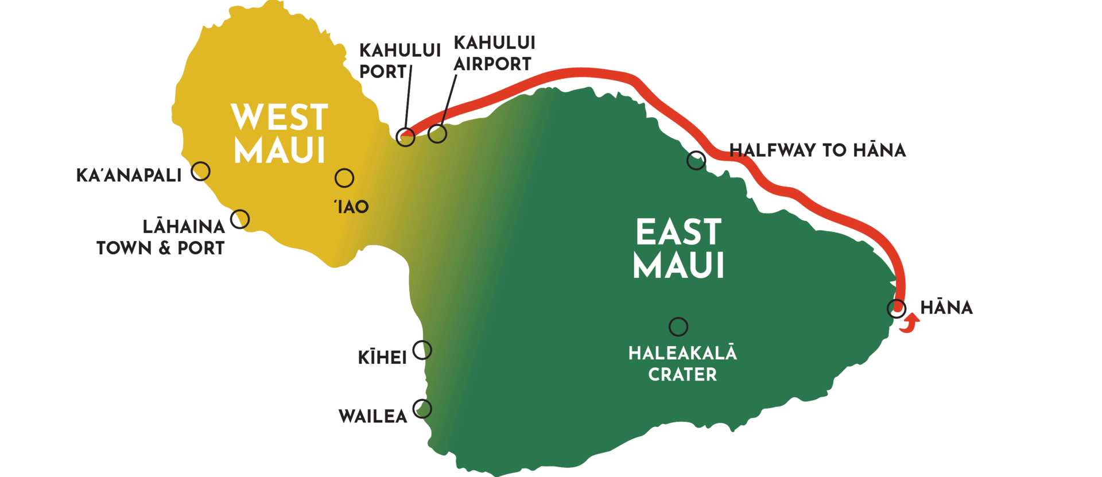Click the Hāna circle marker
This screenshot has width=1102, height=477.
pos(896,308)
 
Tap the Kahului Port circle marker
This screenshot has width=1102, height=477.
pos(406,137)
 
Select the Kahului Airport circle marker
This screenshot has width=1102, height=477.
pos(437,134)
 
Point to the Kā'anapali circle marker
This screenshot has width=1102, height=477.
pos(200,171)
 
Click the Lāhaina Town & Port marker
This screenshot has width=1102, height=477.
pos(240,219)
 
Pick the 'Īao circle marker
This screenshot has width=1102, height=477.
pos(344,178)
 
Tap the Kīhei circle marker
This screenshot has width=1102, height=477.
pos(422,350)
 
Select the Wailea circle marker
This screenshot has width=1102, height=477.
pos(422,409)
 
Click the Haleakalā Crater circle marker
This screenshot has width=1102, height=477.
pos(678,327)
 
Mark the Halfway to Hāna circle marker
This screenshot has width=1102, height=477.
pos(696,160)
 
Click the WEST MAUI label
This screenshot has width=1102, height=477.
pos(280,134)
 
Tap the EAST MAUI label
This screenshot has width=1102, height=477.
pos(678,249)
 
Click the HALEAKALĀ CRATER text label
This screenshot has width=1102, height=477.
pos(682,363)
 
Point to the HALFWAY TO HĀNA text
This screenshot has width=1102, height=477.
pos(817,150)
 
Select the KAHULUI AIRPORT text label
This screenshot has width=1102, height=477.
pos(494,53)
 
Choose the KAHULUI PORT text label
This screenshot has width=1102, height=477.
pos(399,61)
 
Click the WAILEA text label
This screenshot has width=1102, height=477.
pos(372,416)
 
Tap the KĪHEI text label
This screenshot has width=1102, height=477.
pos(382,358)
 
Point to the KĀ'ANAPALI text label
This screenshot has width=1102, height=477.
pos(129,175)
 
